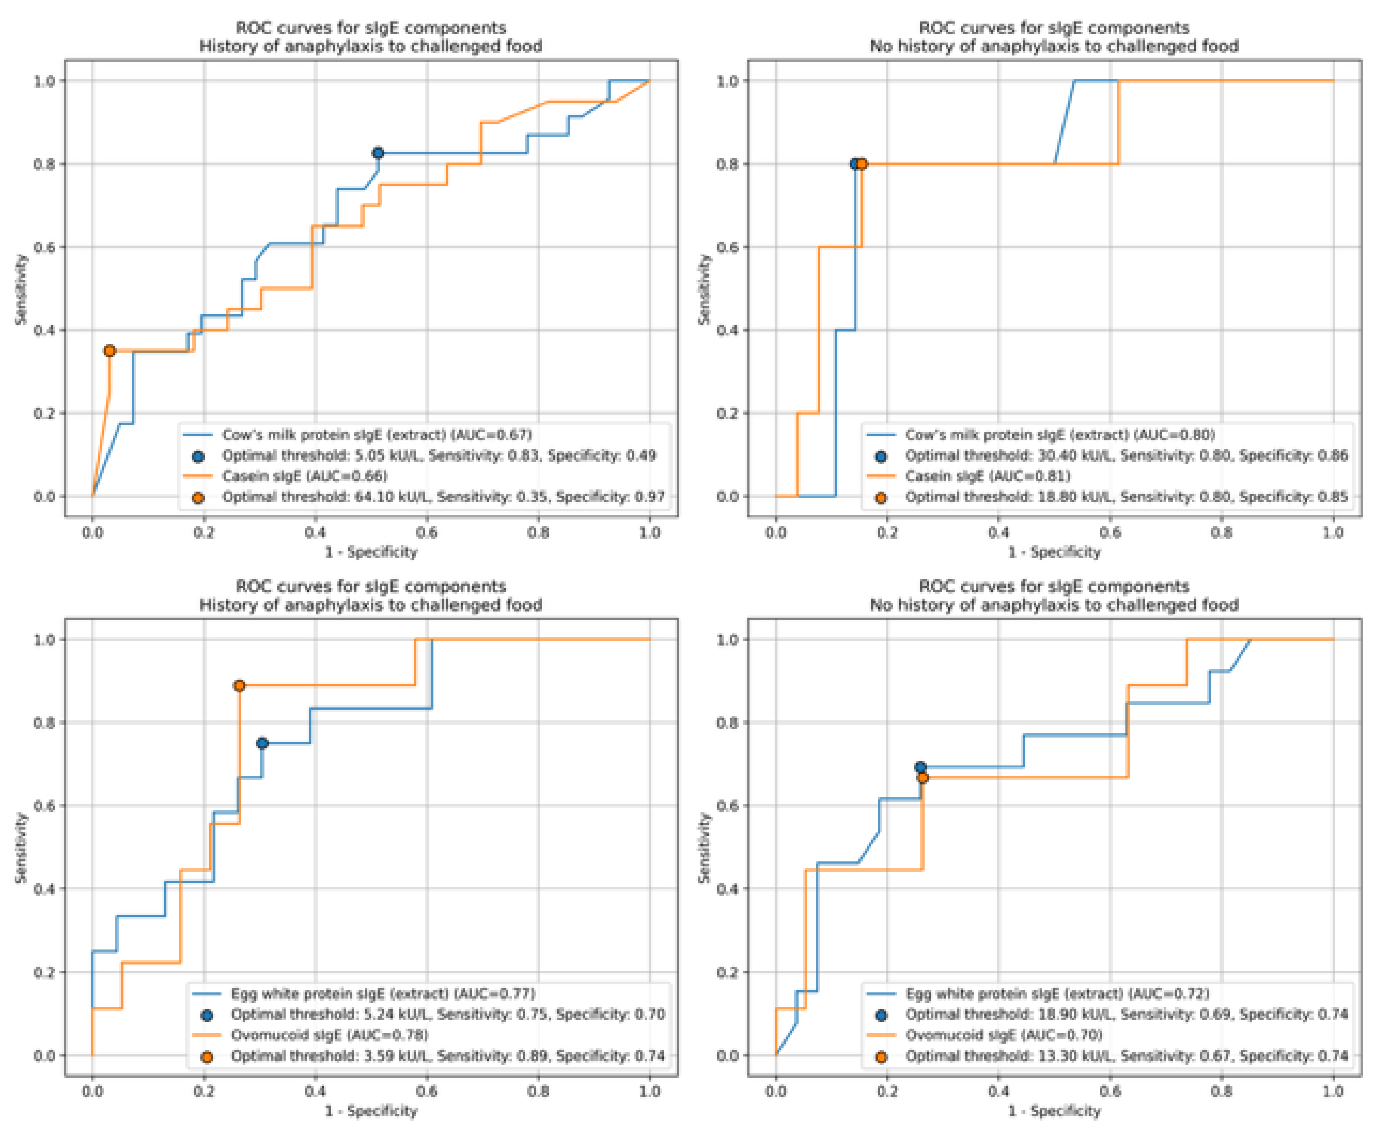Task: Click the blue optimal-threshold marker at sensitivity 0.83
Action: click(x=377, y=153)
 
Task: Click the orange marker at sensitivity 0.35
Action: click(x=110, y=351)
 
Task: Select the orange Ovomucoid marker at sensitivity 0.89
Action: click(x=239, y=685)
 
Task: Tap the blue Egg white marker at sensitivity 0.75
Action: click(x=262, y=744)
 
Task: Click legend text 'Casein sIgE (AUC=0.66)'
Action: click(x=304, y=476)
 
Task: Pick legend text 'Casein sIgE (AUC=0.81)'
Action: click(x=988, y=476)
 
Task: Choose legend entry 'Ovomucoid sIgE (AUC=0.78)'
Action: click(x=329, y=1035)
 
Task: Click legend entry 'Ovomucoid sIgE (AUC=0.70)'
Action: click(x=1004, y=1035)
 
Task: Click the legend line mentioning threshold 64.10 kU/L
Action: click(x=443, y=497)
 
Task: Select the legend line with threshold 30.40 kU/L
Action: click(x=1126, y=455)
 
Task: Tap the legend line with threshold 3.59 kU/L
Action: click(x=448, y=1056)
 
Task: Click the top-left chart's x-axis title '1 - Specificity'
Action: click(x=371, y=552)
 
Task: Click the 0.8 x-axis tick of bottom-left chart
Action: click(x=538, y=1091)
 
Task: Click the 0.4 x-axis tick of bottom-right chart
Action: click(x=999, y=1091)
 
